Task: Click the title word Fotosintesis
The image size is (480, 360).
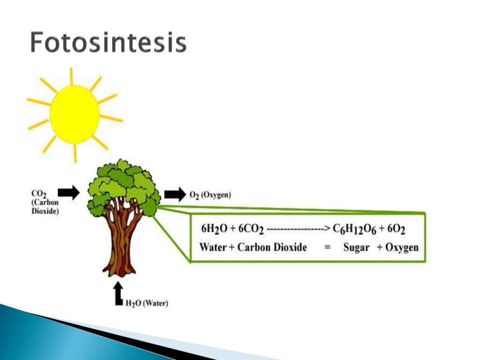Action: tap(108, 42)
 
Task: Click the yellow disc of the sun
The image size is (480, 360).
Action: tap(75, 114)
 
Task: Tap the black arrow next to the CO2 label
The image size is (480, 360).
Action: tap(68, 193)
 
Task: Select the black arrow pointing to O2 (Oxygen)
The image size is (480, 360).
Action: tap(175, 195)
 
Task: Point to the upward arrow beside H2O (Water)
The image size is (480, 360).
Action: tap(119, 293)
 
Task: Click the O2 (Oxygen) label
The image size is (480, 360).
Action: tap(210, 195)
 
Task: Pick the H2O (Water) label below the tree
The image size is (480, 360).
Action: tap(147, 303)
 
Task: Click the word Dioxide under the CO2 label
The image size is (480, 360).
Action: tap(45, 211)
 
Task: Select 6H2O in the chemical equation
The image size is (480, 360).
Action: tap(214, 229)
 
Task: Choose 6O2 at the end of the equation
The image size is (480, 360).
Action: tap(396, 229)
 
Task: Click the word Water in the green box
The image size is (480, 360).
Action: tap(213, 247)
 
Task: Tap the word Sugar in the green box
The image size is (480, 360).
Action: tap(356, 247)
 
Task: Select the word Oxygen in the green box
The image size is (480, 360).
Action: tap(402, 247)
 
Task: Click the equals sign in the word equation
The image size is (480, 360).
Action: tap(327, 247)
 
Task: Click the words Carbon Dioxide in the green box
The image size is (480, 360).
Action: tap(272, 247)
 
